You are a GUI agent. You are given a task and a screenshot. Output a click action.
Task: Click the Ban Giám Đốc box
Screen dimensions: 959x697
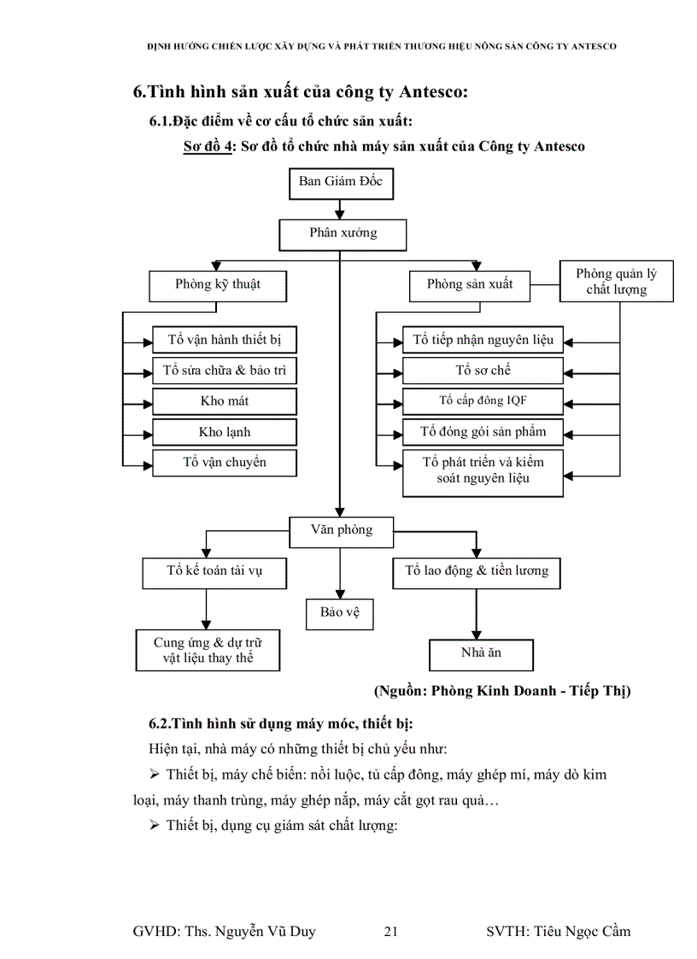341,183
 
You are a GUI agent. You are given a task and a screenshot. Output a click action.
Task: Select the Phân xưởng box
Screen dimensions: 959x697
342,233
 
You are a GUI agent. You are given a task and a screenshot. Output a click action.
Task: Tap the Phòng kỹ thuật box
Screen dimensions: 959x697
217,285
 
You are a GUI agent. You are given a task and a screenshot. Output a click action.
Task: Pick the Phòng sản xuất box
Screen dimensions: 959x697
470,285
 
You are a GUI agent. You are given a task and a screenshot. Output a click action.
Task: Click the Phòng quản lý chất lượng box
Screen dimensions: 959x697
616,282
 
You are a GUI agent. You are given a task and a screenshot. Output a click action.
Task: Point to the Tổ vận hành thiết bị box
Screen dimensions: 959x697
225,340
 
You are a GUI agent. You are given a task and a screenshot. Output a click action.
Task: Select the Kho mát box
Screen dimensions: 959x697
225,401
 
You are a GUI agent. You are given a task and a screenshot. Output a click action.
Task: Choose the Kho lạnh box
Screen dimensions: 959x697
225,432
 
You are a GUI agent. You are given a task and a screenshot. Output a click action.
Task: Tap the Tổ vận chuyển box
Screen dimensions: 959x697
225,463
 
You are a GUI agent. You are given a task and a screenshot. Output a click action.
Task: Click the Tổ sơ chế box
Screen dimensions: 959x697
483,371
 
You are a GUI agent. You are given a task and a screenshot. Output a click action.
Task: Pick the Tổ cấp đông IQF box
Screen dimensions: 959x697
483,401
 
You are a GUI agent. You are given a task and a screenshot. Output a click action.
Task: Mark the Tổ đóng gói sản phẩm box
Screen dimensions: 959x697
483,432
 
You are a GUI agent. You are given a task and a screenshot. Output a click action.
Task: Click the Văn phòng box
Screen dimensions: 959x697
342,530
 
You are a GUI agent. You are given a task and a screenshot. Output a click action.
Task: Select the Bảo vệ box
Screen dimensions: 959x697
340,613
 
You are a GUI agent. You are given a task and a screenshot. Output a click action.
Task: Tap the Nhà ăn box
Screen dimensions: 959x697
481,654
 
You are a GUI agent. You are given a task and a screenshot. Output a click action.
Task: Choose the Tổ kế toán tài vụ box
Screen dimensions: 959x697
214,571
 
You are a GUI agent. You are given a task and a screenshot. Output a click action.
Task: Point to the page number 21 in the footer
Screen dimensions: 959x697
391,932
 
